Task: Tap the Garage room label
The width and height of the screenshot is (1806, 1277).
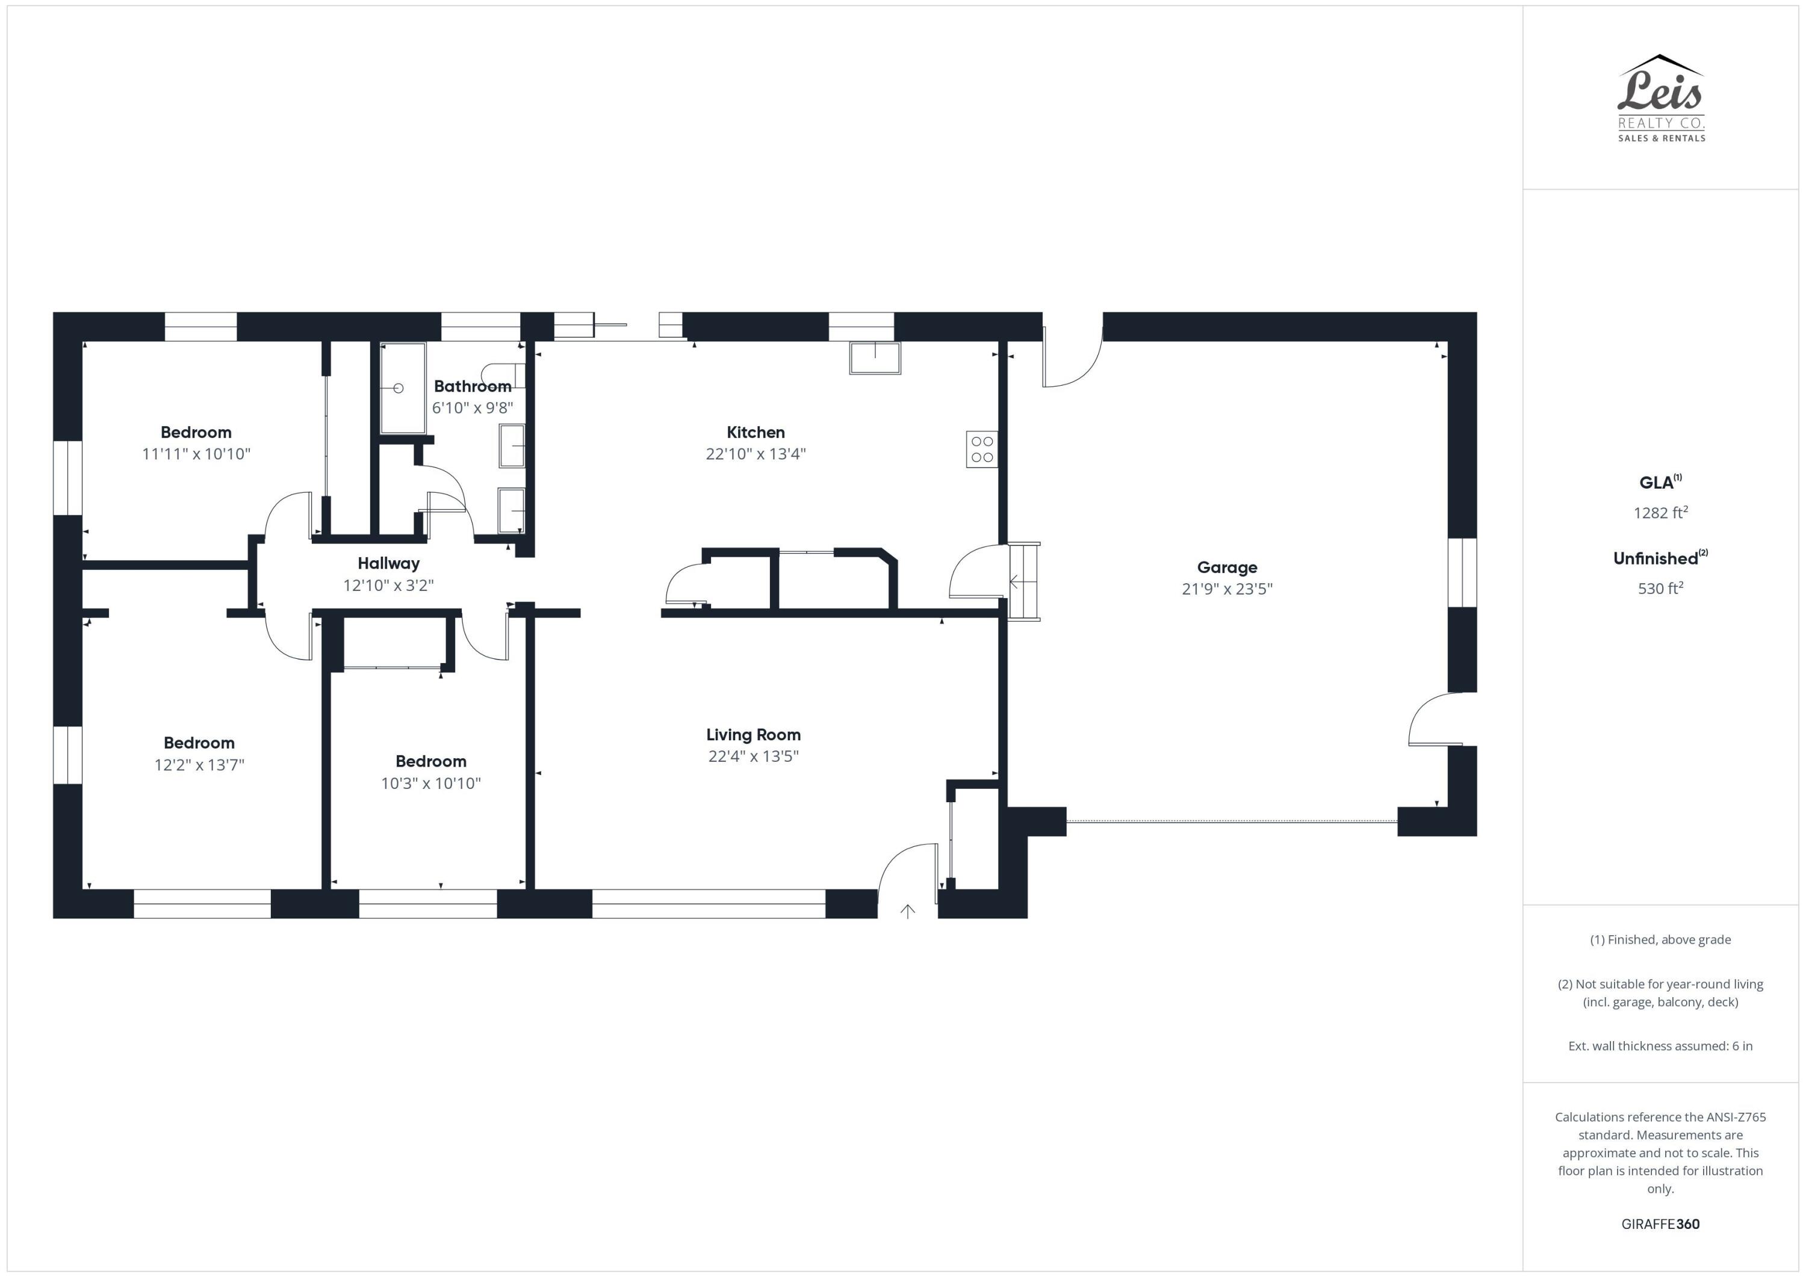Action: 1226,567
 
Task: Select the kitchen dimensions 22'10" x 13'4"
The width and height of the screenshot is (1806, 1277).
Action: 755,454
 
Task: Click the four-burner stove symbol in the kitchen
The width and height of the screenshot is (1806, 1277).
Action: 982,449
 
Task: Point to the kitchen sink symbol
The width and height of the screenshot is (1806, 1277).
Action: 875,358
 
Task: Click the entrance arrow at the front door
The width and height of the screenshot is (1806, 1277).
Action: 908,911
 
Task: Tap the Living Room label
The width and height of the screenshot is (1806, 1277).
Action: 752,734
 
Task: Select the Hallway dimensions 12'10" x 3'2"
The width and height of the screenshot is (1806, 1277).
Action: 388,585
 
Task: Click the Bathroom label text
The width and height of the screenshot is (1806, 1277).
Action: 472,386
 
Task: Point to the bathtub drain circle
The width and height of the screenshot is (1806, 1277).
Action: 398,388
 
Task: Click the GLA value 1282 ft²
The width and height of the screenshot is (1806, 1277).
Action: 1660,513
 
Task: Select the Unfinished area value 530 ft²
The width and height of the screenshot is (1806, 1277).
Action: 1660,588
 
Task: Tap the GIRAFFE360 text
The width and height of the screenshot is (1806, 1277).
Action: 1660,1223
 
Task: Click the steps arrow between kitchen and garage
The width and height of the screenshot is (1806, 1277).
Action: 1016,582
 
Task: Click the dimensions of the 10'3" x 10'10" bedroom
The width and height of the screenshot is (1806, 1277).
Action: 430,783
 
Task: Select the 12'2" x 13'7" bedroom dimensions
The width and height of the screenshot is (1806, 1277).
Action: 199,764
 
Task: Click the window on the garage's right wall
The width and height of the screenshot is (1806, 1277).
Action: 1462,572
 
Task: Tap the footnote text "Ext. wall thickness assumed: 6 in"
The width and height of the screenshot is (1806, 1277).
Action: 1660,1046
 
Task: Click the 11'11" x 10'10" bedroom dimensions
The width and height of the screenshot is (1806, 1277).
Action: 196,454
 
